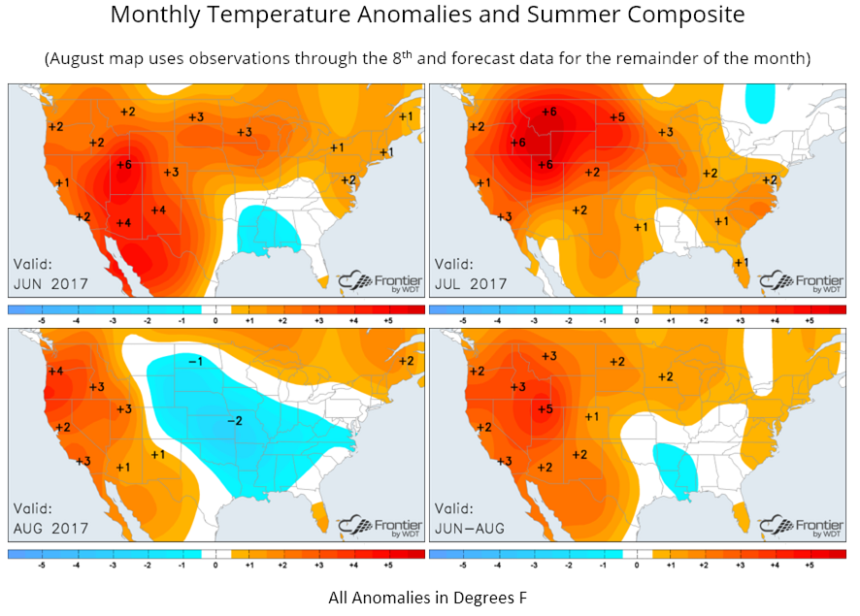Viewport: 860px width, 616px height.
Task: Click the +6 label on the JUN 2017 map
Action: (x=123, y=165)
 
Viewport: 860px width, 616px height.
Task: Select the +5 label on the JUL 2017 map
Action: (x=616, y=117)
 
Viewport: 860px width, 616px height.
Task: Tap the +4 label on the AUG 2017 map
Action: (x=55, y=372)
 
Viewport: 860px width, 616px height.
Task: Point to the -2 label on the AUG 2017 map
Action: (x=234, y=420)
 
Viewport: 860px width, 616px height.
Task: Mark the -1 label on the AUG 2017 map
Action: (x=194, y=361)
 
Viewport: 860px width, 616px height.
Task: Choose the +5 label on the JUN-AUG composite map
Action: (x=546, y=409)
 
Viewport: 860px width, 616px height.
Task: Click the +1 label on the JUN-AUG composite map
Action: (x=591, y=416)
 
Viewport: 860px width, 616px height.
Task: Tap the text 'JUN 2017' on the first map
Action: (x=50, y=284)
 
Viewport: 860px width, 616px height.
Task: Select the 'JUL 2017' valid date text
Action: (x=471, y=284)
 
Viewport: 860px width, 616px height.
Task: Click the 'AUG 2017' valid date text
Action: (x=50, y=529)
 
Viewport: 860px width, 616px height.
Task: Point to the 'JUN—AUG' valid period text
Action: (x=471, y=529)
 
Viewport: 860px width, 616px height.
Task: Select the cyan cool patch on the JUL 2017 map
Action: (x=760, y=100)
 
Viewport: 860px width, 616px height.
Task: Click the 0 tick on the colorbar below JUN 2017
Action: (x=215, y=318)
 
